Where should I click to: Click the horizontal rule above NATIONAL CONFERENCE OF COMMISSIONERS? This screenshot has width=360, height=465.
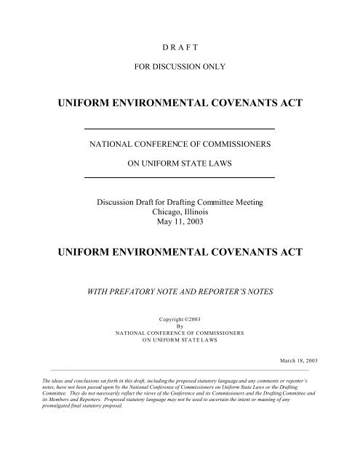[x=180, y=129]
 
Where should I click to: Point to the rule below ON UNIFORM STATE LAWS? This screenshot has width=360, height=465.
[x=180, y=177]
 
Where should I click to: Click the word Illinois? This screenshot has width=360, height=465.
[x=197, y=211]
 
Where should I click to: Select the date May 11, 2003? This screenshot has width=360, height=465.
[x=180, y=221]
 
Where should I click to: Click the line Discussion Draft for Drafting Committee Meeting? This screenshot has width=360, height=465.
[x=180, y=200]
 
